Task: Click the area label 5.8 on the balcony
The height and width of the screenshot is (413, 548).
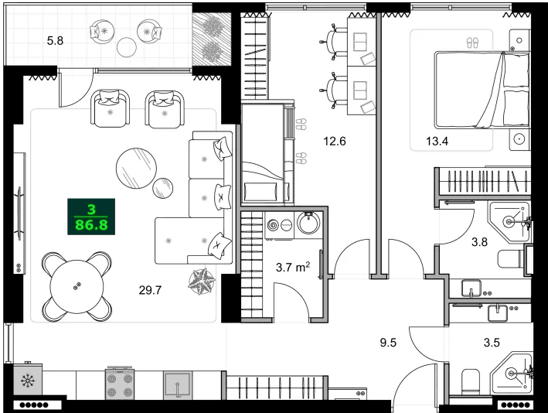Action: pos(55,39)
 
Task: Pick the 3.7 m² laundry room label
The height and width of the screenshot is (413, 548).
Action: pos(292,268)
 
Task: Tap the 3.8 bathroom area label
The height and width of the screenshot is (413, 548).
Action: pos(480,241)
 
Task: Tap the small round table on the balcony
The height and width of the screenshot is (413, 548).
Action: pos(126,47)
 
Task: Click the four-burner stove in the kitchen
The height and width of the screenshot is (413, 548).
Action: pos(121,382)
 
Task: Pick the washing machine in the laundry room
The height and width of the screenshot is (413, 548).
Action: pos(274,225)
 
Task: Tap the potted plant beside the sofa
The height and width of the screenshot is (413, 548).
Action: pos(205,280)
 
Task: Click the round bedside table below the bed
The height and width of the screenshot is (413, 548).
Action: pos(520,140)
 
